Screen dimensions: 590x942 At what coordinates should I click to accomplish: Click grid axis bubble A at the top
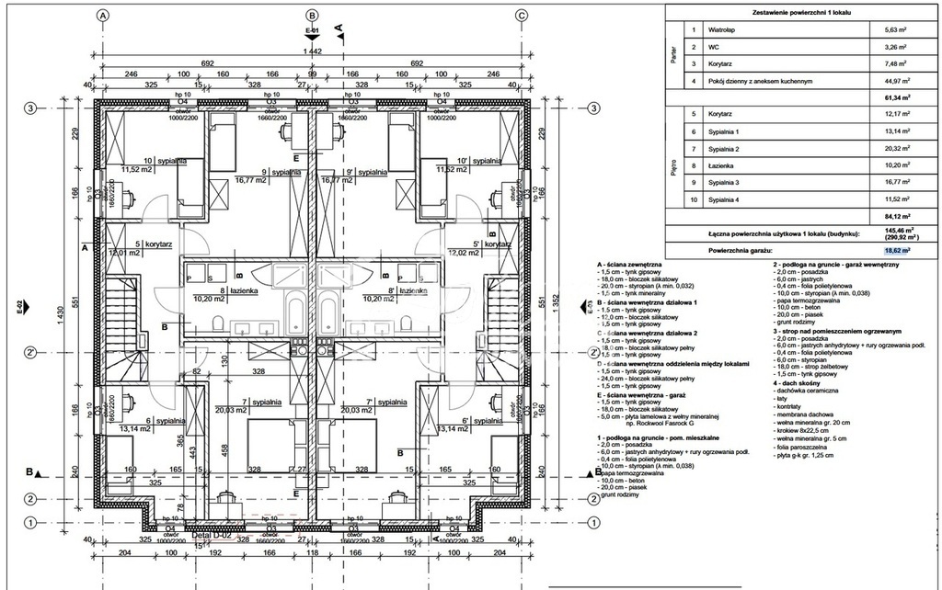[x=103, y=16]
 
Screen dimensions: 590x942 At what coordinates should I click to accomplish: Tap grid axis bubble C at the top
[x=521, y=16]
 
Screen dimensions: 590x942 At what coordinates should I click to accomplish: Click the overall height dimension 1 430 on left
[x=63, y=313]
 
